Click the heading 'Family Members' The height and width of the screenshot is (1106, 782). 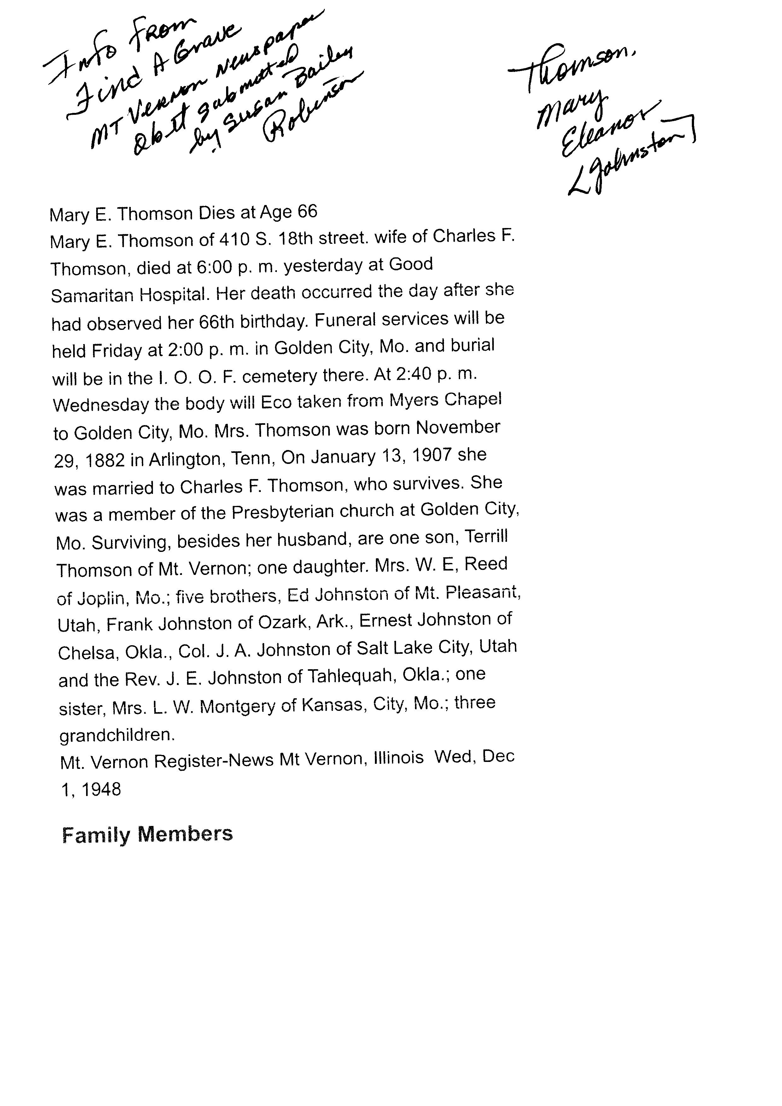tap(147, 835)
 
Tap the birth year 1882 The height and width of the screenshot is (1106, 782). tap(105, 461)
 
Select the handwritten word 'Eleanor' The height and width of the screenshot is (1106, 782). tap(611, 130)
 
